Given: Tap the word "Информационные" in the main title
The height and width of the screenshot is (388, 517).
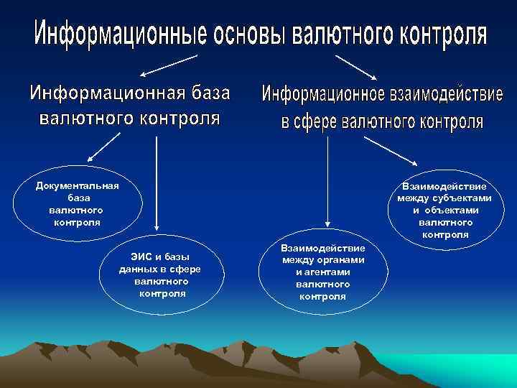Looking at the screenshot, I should (120, 34).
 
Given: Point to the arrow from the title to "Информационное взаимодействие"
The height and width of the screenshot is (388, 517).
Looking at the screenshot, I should (359, 67).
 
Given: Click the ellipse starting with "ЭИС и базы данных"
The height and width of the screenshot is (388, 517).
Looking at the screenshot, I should (159, 274).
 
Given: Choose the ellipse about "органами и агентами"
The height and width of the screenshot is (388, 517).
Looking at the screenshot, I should (322, 272).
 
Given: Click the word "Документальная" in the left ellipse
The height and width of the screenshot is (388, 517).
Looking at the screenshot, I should (78, 185).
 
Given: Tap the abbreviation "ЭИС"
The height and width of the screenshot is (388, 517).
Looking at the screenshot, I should (141, 257).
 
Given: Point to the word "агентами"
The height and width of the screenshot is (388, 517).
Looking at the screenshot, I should (322, 272).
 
